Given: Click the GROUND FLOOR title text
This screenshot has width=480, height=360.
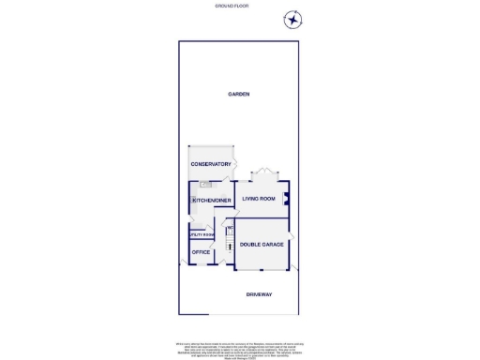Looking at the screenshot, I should click(x=240, y=6).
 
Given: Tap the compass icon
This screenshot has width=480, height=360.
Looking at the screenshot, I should click(x=293, y=20).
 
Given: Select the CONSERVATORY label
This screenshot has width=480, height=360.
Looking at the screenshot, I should click(x=211, y=164).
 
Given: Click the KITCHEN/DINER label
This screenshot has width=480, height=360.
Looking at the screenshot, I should click(x=212, y=201).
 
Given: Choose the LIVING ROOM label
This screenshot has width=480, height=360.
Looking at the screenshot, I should click(x=258, y=199).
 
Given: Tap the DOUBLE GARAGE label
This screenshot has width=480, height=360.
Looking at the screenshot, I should click(x=261, y=245).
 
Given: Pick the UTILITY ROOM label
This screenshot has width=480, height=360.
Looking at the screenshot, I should click(x=202, y=235).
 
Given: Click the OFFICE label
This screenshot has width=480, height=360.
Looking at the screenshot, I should click(x=201, y=252).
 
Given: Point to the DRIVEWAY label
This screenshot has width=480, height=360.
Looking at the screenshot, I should click(x=259, y=295).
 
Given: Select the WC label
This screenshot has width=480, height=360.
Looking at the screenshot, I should click(x=229, y=227).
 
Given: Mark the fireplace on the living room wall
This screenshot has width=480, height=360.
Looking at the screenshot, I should click(x=286, y=198).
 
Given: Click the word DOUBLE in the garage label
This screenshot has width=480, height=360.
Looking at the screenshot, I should click(x=250, y=245).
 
